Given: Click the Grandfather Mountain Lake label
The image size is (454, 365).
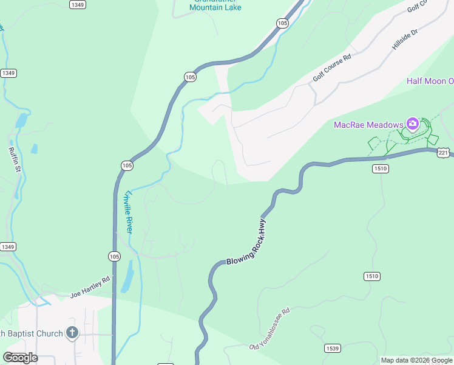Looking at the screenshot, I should (215, 6).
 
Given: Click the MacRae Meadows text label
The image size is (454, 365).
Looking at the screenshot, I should (368, 125).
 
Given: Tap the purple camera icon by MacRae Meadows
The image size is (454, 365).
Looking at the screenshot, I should (413, 125).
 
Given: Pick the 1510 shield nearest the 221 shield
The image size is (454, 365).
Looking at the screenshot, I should (381, 169).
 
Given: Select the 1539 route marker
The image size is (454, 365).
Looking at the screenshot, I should (332, 349).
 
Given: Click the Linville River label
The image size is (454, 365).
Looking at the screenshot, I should (127, 210).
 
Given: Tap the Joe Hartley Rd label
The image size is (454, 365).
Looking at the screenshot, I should (89, 287).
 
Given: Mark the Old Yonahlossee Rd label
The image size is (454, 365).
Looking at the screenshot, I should (269, 329).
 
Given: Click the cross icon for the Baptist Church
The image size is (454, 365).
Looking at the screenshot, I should (72, 333).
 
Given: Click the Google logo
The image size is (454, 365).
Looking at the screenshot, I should (20, 357).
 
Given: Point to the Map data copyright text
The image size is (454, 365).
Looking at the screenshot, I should (416, 360).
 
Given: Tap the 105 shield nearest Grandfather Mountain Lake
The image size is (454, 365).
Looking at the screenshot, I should (282, 23).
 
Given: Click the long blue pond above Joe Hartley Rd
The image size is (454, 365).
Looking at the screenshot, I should (127, 277).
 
